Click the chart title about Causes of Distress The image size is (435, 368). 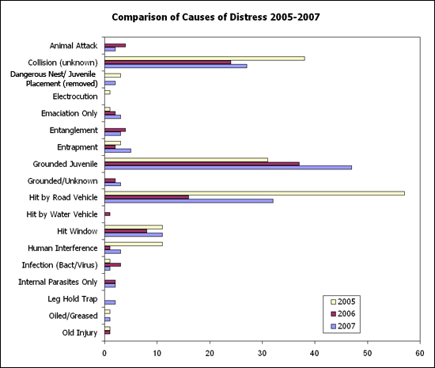tap(216, 17)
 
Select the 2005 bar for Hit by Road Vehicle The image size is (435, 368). tap(255, 193)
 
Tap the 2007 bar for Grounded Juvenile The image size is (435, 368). tap(228, 167)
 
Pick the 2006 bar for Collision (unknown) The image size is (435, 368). tap(168, 63)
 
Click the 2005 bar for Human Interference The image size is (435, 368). tap(134, 244)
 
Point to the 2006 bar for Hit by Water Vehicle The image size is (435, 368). tap(108, 214)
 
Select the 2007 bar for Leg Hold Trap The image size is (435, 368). tap(110, 302)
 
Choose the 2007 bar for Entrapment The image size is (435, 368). tap(118, 150)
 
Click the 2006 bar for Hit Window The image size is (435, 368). tap(126, 231)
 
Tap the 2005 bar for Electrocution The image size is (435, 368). tap(108, 92)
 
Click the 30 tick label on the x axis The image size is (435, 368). tap(262, 353)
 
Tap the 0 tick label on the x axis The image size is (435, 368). tap(104, 353)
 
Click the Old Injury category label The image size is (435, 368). tap(80, 332)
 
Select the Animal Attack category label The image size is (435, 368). tap(74, 46)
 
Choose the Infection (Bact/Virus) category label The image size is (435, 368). tap(60, 265)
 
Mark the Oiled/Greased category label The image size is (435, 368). tap(74, 316)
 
